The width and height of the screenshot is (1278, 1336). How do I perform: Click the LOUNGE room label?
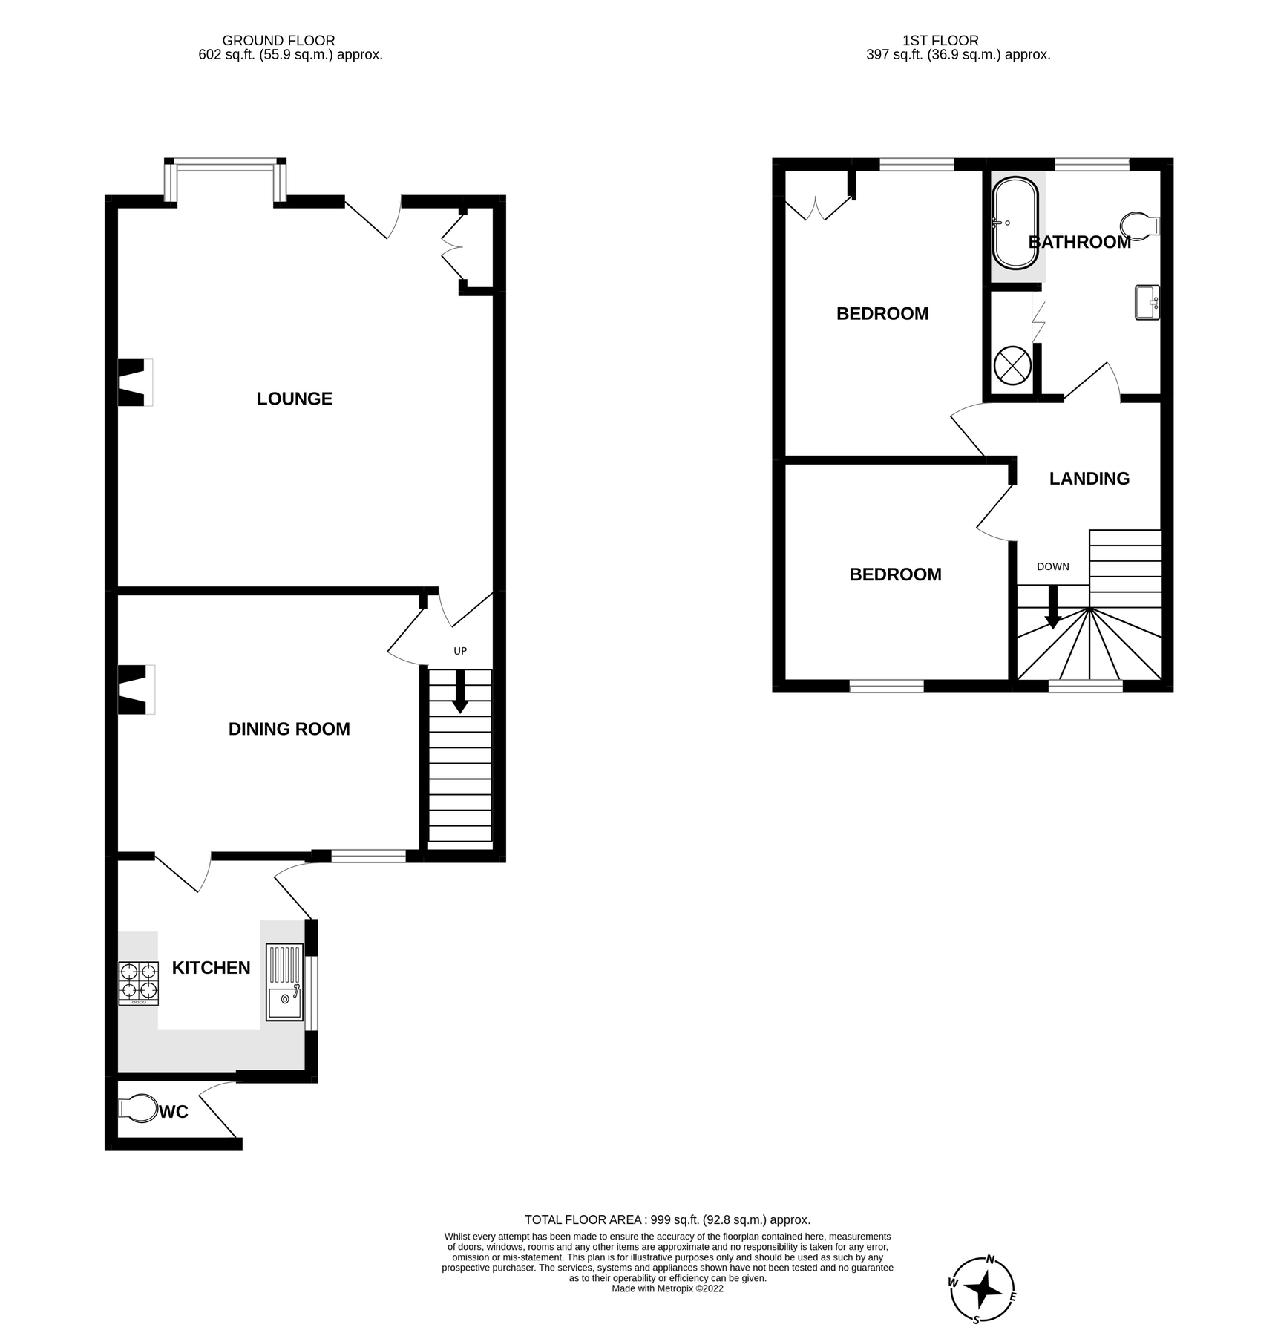coord(295,399)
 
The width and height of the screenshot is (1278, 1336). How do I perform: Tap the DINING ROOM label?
coord(289,729)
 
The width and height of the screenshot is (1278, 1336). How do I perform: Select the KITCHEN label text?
coord(211,968)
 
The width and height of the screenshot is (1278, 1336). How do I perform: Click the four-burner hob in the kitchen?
coord(139,983)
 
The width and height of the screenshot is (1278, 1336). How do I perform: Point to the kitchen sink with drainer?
coord(284,981)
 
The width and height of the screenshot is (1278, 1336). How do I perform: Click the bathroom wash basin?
coord(1147,303)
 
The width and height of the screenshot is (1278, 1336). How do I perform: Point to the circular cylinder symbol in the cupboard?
coord(1012,365)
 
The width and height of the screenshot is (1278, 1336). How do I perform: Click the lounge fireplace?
coord(135,382)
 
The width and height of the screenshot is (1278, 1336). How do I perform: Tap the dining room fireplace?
coord(136,690)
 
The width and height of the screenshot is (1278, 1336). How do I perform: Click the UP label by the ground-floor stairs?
coord(460,651)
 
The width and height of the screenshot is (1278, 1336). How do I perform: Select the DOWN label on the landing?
coord(1052,566)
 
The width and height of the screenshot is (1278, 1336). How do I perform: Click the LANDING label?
coord(1089,479)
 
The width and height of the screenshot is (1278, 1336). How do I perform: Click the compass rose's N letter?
coord(990,1259)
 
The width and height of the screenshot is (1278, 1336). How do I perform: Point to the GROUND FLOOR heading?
coord(278,41)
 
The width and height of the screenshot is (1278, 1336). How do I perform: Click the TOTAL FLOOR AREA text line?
coord(666,1219)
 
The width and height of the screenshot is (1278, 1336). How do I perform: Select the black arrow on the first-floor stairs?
coord(1052,608)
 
